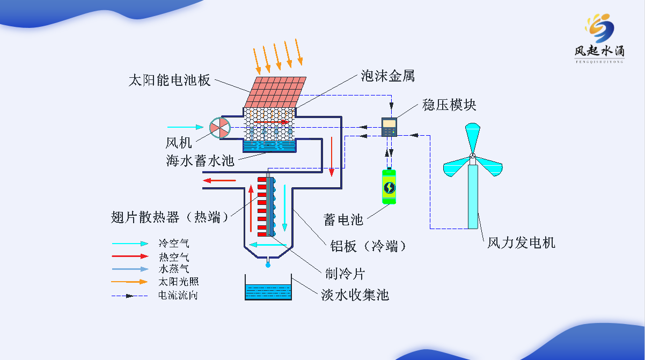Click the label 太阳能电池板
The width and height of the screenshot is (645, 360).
point(169,81)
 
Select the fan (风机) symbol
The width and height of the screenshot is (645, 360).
point(219,128)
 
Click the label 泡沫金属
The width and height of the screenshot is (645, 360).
point(387,77)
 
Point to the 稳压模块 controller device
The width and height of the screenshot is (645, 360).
point(389,127)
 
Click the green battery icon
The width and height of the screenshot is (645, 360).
point(389,186)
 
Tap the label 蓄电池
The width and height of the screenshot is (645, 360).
point(343,219)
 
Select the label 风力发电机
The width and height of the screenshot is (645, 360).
point(521,243)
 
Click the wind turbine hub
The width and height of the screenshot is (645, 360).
point(473,157)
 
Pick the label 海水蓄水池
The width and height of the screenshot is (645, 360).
point(200,160)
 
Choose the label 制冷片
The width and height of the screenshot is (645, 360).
point(345,274)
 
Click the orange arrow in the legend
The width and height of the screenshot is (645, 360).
point(129,282)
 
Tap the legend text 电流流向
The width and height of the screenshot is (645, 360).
point(178,295)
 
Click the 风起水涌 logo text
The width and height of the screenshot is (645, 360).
point(599,50)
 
